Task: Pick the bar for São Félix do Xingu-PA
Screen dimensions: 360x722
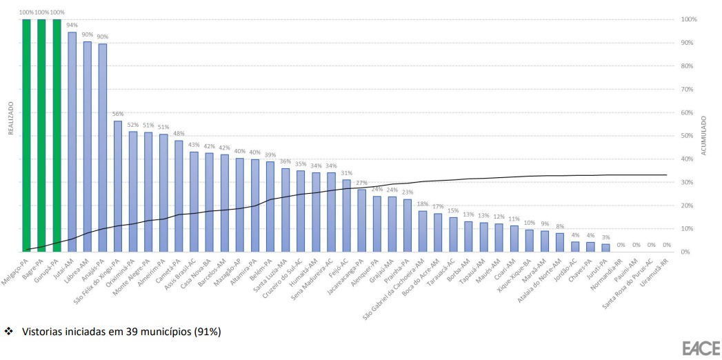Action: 118,186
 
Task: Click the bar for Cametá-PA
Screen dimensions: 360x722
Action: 179,196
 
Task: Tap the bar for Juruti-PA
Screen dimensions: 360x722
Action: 605,248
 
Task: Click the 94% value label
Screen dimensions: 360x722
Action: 72,25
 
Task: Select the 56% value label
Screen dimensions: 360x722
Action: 118,114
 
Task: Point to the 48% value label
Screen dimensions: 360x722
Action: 179,133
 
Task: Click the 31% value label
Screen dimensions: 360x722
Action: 346,172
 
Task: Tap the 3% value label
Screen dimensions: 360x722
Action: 605,237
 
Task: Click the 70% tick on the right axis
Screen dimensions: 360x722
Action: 688,89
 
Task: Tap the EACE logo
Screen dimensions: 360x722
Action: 701,348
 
